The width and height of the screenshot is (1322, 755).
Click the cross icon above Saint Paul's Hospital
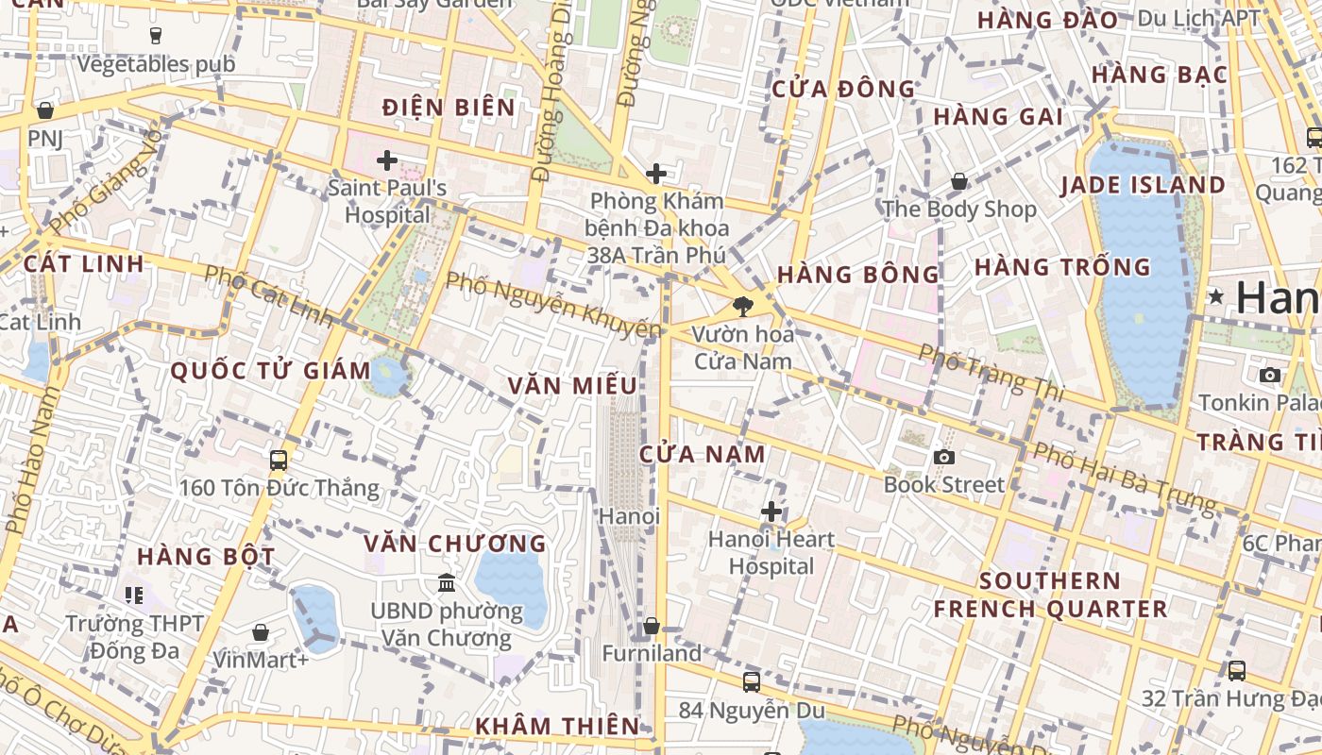tap(387, 159)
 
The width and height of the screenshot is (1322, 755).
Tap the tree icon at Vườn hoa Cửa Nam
tap(743, 306)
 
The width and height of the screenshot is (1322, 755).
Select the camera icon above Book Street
tap(943, 458)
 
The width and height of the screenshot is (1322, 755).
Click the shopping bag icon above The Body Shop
tap(959, 181)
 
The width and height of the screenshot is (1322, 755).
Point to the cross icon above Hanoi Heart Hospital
tap(771, 512)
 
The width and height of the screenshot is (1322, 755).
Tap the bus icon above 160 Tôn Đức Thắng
tap(279, 461)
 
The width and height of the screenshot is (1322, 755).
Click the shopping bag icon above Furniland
tap(652, 626)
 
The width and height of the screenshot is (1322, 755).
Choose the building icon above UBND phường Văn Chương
tap(447, 583)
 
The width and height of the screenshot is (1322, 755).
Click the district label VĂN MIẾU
tap(571, 386)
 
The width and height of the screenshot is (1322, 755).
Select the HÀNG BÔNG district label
tap(857, 275)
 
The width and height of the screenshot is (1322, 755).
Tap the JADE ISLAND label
tap(1143, 185)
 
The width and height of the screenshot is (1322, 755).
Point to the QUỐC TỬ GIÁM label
tap(271, 371)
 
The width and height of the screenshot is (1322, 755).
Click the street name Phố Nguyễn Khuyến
tap(553, 305)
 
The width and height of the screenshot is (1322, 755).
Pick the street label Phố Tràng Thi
tap(991, 373)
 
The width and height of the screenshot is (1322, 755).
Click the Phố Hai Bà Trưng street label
tap(1123, 478)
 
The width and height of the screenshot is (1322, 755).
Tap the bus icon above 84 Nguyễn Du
tap(752, 681)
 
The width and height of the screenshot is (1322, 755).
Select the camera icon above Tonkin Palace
tap(1270, 376)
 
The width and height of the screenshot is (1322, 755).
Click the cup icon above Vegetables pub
tap(156, 36)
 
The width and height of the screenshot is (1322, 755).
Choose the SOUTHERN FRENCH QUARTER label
tap(1050, 595)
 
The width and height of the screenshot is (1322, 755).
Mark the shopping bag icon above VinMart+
tap(261, 632)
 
